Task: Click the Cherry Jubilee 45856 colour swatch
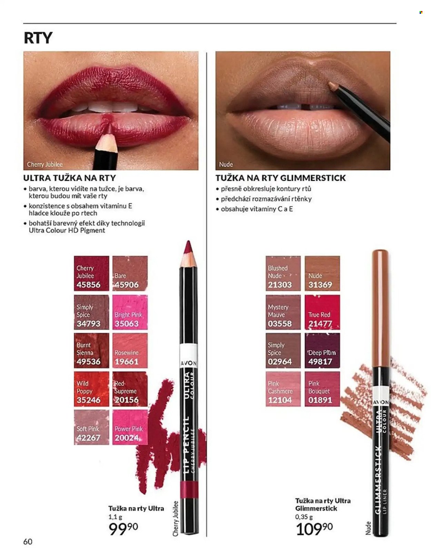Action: pos(91,273)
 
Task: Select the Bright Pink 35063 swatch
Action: pos(130,312)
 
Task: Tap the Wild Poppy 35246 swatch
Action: pos(91,389)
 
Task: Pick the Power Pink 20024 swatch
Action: pos(130,427)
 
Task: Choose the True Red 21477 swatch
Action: pos(322,312)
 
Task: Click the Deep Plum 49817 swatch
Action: pos(322,350)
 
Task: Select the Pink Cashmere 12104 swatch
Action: pos(283,389)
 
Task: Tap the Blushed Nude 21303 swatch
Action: pos(283,273)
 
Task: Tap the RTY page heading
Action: pos(38,38)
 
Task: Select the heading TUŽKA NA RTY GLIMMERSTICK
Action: pos(281,178)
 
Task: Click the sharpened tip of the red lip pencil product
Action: pos(188,242)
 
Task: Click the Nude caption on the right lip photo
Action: pos(226,164)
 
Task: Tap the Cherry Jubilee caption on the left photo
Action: pos(45,164)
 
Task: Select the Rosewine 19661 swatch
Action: pos(130,350)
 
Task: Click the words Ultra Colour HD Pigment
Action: pos(67,230)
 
